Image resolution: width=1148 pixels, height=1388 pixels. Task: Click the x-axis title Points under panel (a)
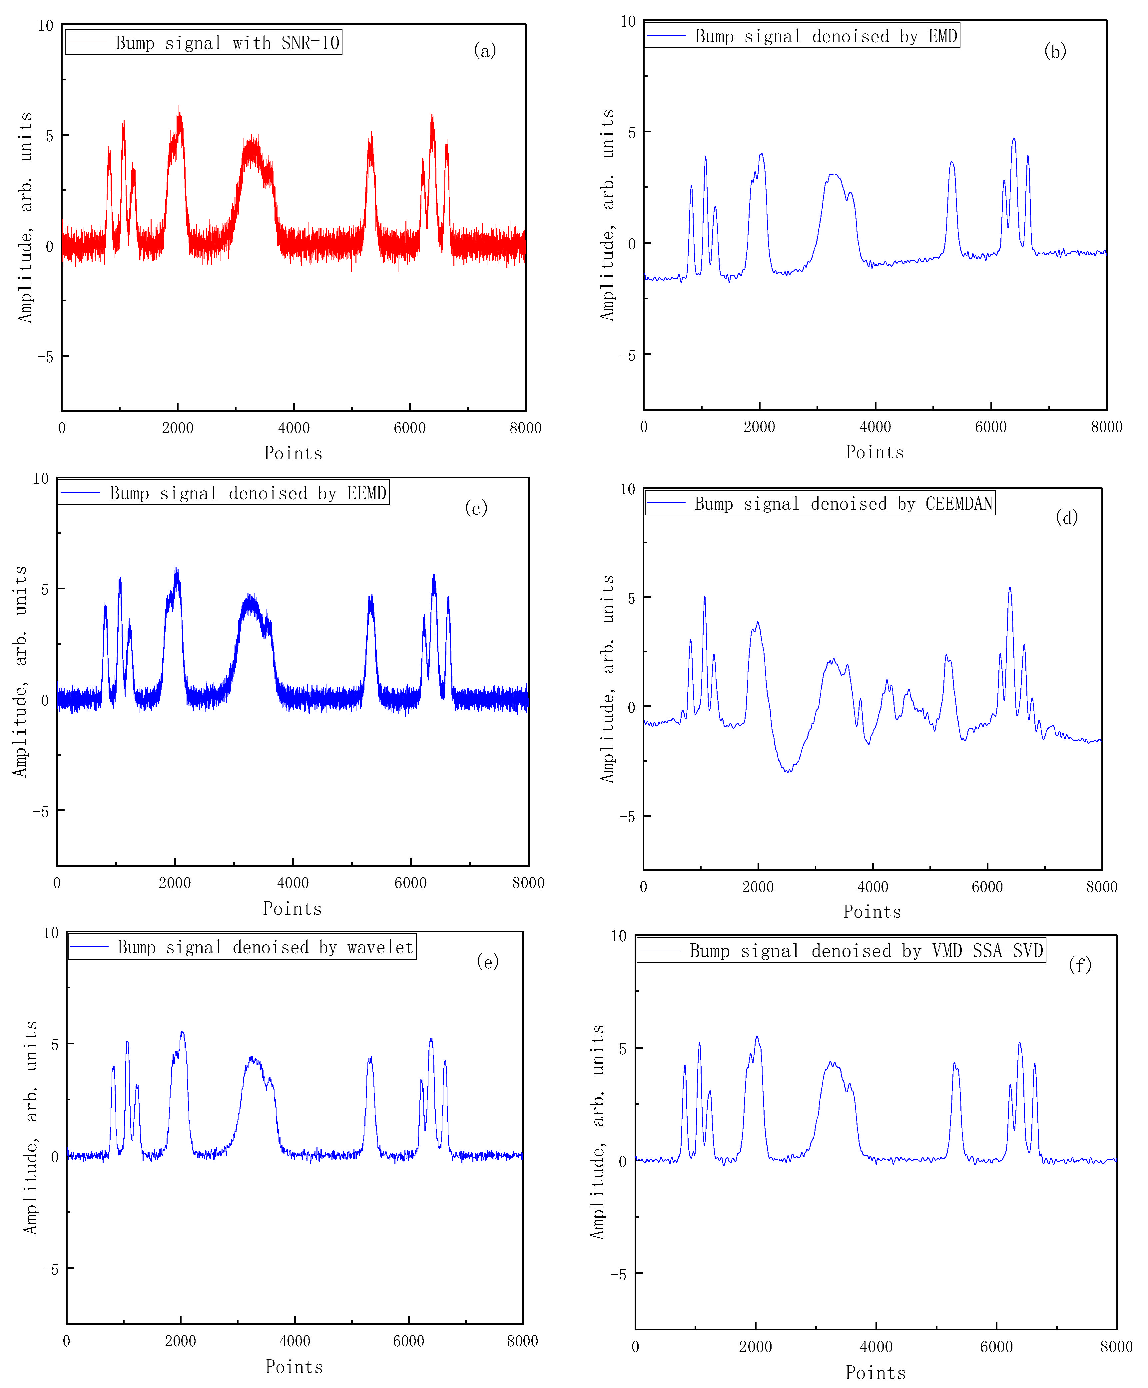click(x=293, y=453)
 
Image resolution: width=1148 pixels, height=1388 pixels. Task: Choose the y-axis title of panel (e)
click(x=31, y=1127)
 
